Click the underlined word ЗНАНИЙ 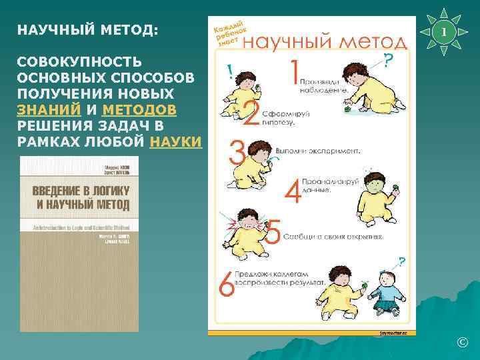pos(48,108)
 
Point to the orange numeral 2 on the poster pos(252,113)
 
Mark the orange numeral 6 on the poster pos(227,285)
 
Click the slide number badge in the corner pos(451,32)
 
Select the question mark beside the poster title pos(388,60)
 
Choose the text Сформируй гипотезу pos(286,118)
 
